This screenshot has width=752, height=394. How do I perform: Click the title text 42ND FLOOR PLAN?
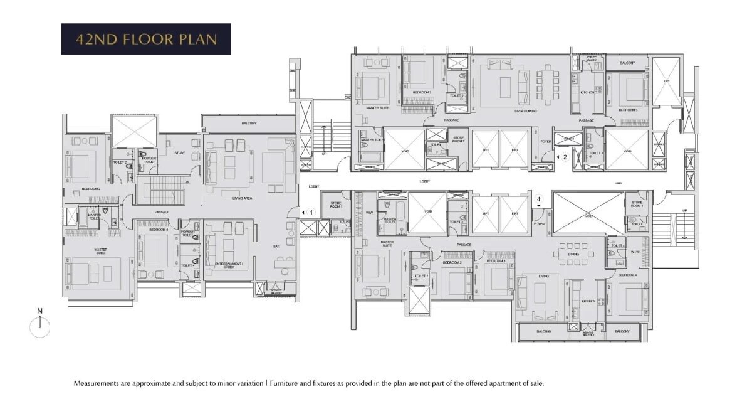145,40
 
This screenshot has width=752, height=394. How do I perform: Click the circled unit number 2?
565,157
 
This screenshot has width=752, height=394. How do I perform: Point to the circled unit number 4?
538,201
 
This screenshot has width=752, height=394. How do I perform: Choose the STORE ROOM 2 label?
458,141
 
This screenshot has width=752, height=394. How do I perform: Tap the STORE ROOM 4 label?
637,204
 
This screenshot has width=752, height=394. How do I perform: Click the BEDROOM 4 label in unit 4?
627,275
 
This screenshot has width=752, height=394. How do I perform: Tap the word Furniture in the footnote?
285,383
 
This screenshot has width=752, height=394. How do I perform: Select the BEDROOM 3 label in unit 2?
628,110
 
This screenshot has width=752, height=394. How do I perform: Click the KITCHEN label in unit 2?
587,93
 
